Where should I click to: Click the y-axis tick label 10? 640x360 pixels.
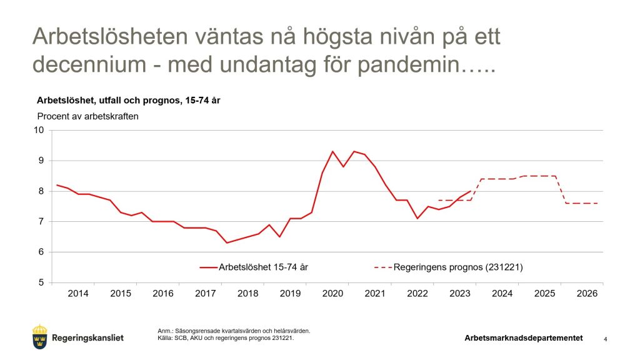[41, 130]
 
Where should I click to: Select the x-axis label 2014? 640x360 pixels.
[78, 293]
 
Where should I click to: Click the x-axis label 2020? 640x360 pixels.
[332, 293]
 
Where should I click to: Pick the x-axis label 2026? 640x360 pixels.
[587, 293]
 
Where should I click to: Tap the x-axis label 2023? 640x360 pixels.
[460, 293]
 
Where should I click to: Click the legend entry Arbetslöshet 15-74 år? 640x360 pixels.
[262, 267]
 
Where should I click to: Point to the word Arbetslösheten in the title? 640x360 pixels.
[109, 37]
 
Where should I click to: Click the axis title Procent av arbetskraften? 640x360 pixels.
[87, 116]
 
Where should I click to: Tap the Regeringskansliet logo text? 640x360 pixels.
[88, 338]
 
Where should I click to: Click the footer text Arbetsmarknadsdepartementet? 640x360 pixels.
[523, 338]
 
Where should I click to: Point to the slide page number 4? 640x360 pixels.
[605, 339]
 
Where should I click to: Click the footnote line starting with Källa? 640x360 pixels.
[226, 338]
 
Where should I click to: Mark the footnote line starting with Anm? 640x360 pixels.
[234, 331]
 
